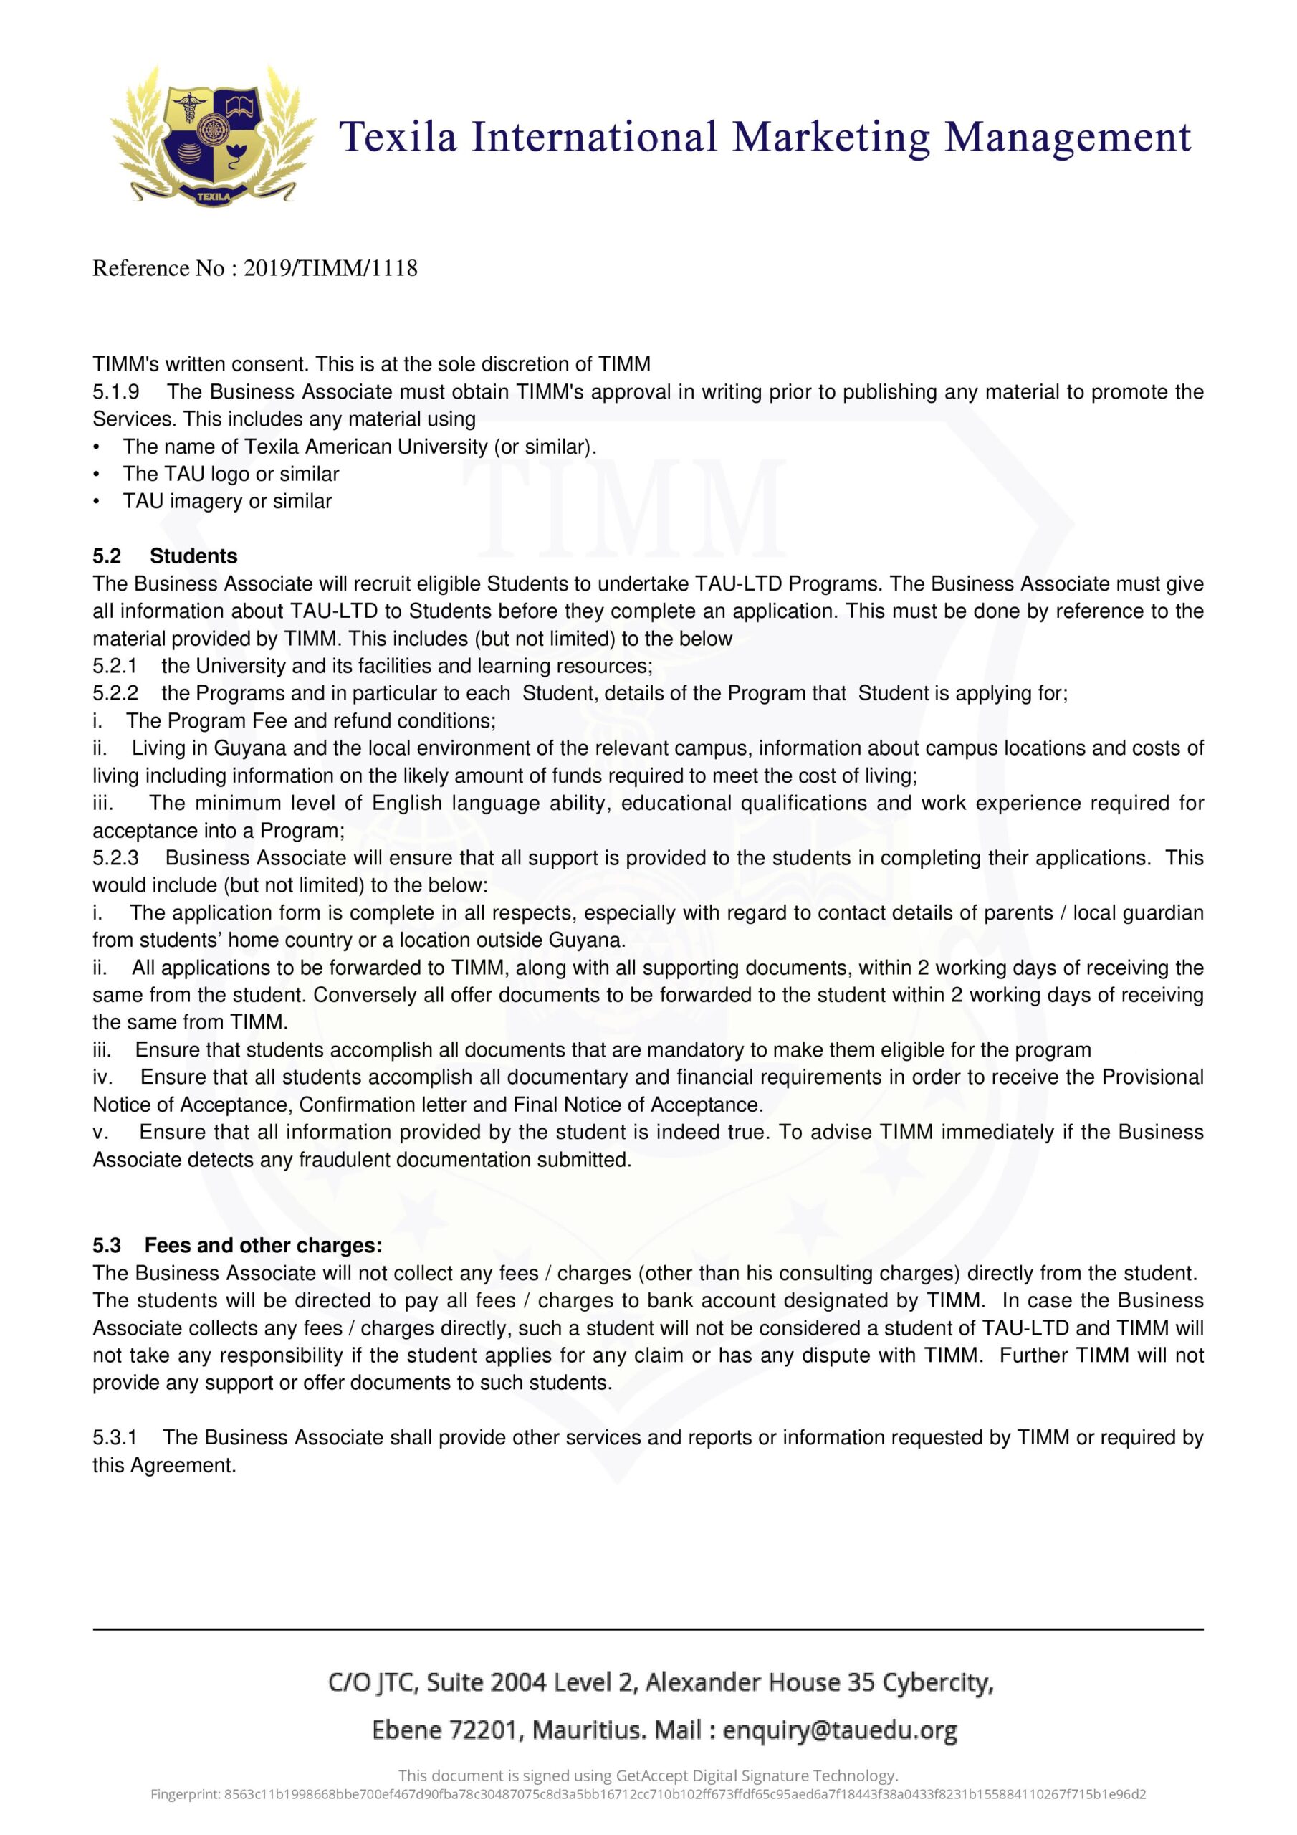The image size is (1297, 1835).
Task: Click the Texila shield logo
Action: [x=213, y=136]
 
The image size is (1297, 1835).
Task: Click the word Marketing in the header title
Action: [x=831, y=138]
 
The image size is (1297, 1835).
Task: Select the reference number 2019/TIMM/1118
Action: [x=330, y=269]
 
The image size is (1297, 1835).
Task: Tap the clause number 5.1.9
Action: [x=116, y=391]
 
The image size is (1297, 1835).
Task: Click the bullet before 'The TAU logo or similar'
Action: [x=97, y=474]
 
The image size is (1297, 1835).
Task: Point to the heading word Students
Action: [x=193, y=556]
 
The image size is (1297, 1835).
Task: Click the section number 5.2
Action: [x=106, y=556]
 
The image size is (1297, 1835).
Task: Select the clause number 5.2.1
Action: [x=115, y=666]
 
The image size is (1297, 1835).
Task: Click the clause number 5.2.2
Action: [x=115, y=693]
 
